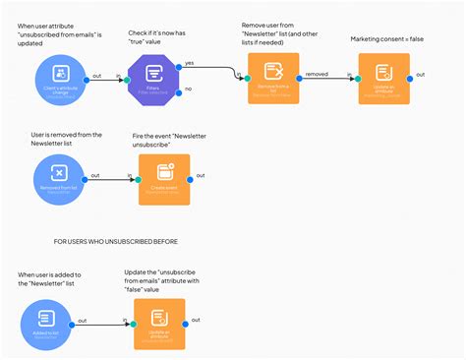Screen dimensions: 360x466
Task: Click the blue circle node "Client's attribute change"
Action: tap(60, 81)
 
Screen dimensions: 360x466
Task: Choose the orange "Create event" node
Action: tap(163, 179)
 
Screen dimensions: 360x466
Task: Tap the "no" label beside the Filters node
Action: tap(188, 90)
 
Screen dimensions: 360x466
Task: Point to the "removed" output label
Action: tap(317, 73)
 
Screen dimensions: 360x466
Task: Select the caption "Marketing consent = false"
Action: tap(388, 39)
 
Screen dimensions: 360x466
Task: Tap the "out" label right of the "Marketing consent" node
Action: tap(420, 74)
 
